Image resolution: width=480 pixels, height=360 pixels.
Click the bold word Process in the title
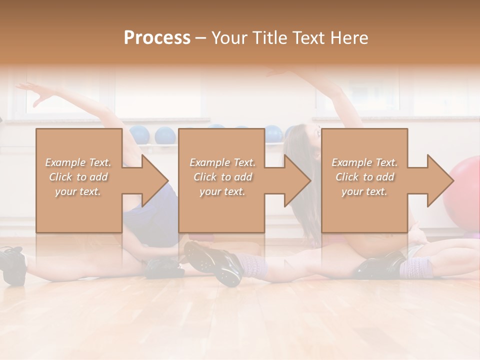click(x=157, y=38)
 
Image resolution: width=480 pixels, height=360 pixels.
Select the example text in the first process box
click(x=78, y=176)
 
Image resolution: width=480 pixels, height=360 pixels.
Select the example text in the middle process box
click(x=222, y=176)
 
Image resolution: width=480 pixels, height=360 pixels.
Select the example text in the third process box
click(x=364, y=176)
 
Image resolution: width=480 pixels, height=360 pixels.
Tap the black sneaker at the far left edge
click(x=12, y=264)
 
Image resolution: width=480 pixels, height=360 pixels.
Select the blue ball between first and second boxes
click(x=164, y=135)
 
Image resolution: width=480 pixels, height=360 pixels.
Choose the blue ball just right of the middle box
click(x=273, y=133)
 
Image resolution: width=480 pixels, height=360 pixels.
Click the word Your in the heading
click(x=227, y=38)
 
